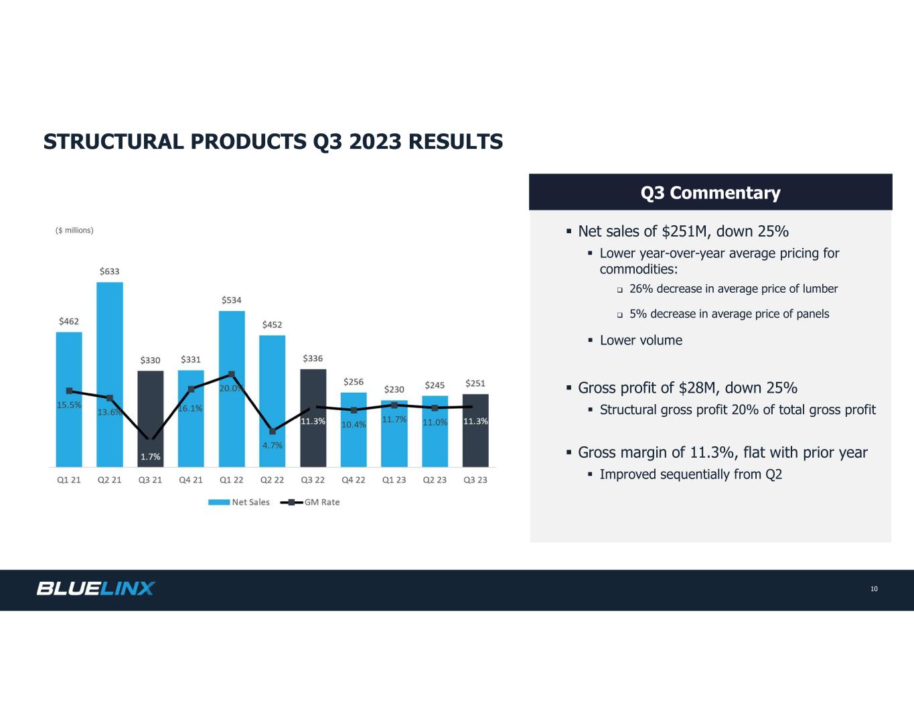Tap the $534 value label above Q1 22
tap(232, 300)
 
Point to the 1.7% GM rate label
tap(151, 457)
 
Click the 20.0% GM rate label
tap(230, 388)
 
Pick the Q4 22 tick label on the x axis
tap(354, 480)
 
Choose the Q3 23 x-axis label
tap(475, 480)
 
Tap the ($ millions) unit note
tap(74, 231)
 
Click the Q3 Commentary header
tap(710, 193)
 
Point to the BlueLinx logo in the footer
tap(96, 588)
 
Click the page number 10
tap(874, 589)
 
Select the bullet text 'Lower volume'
tap(641, 340)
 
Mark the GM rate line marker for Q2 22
tap(273, 431)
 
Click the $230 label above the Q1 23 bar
tap(394, 389)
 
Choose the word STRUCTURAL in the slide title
tap(115, 142)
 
